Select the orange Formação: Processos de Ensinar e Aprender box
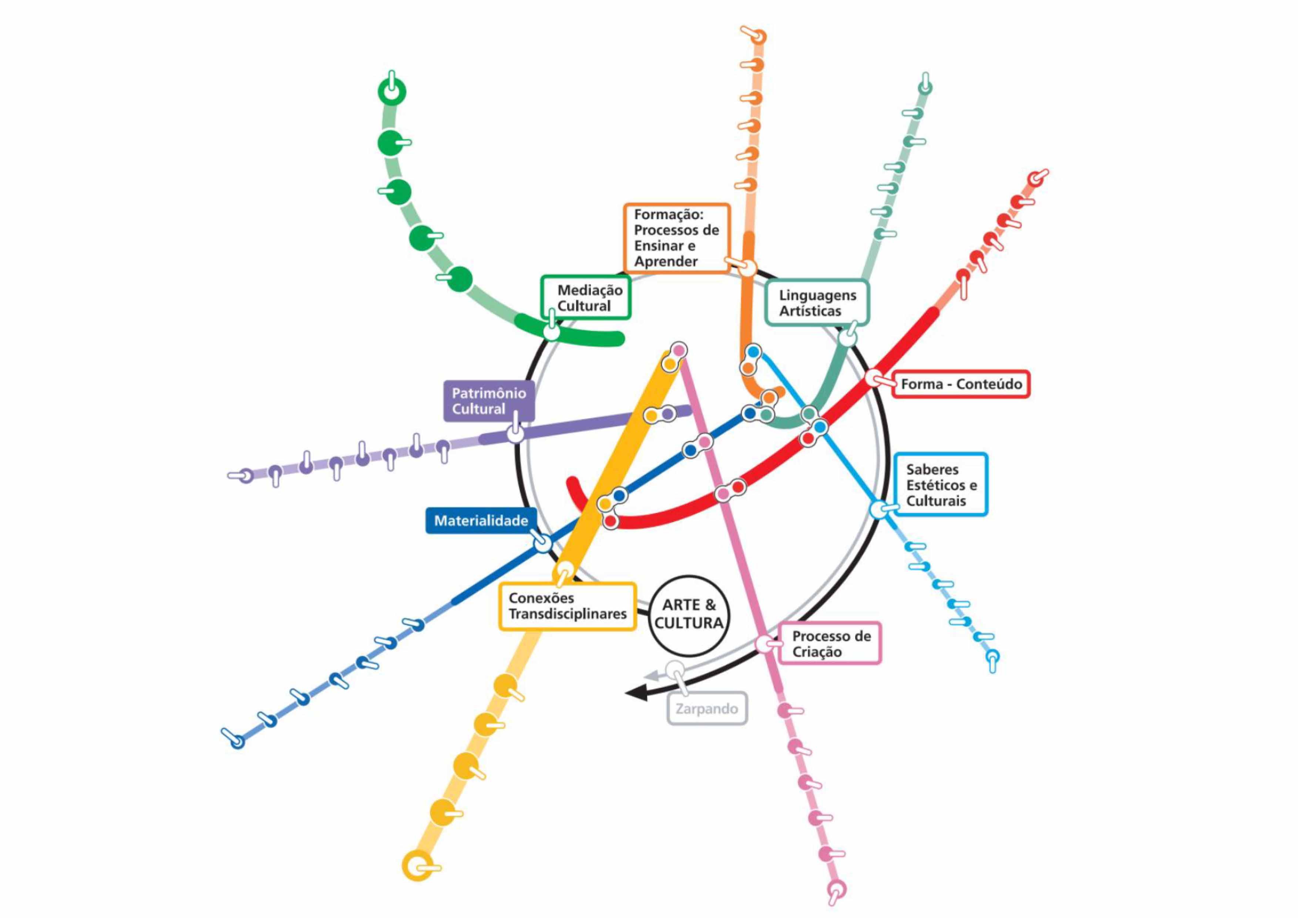click(x=677, y=238)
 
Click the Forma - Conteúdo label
click(x=961, y=384)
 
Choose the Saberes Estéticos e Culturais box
click(x=940, y=485)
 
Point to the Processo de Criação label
click(x=830, y=644)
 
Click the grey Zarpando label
click(x=707, y=709)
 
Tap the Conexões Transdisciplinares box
click(x=567, y=606)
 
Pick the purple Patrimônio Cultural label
click(x=488, y=401)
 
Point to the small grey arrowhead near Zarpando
click(x=651, y=675)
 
